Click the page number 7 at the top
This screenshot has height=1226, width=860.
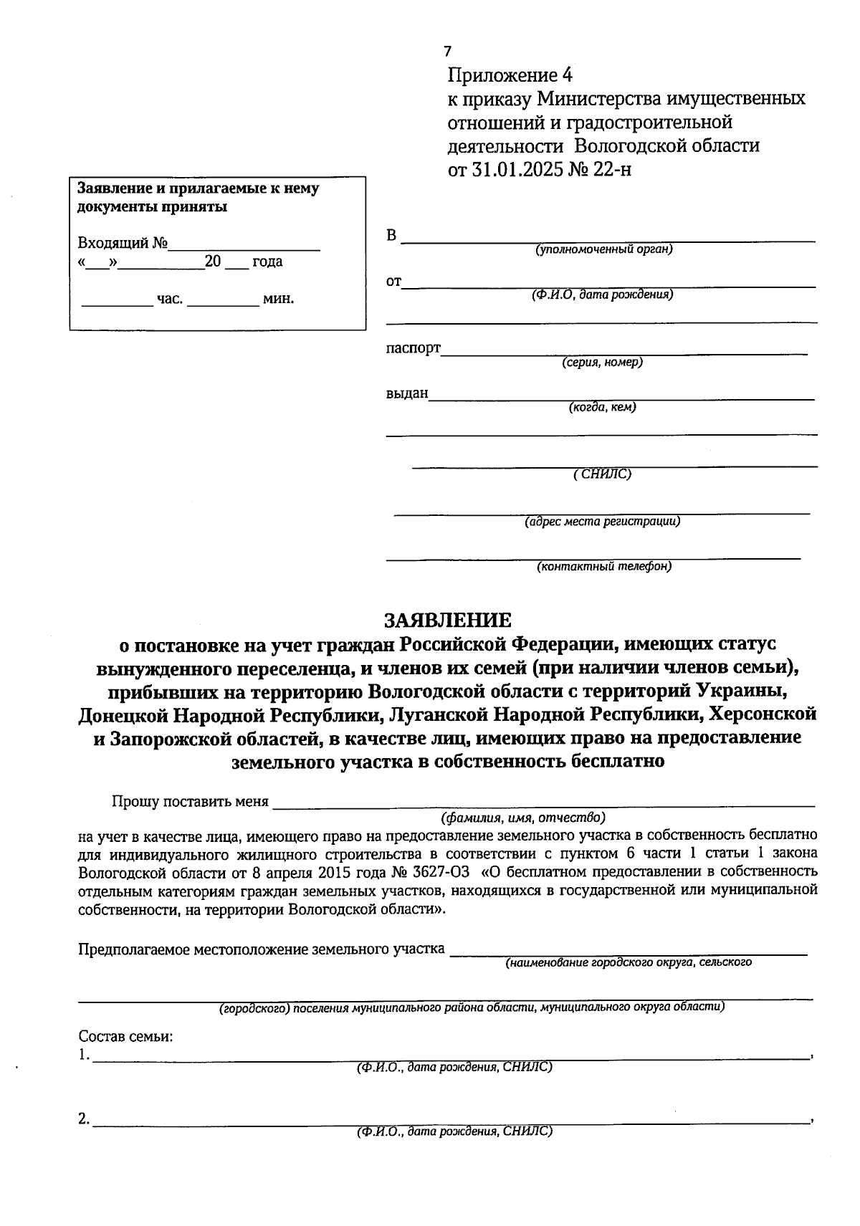point(448,52)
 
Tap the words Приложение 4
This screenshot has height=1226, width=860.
point(511,75)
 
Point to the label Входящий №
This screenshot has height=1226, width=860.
point(122,243)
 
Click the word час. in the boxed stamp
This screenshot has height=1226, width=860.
point(170,299)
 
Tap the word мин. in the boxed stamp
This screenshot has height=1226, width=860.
point(279,299)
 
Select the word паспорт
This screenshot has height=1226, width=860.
point(413,349)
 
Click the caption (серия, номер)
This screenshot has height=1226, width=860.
point(602,363)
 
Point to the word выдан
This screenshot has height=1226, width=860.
point(406,393)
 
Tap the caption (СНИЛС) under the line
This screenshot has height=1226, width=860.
point(602,474)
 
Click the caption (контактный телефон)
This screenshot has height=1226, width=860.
point(604,567)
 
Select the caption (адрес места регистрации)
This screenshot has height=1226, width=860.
point(602,522)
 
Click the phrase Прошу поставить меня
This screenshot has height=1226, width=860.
point(190,802)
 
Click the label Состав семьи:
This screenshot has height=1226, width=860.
point(125,1037)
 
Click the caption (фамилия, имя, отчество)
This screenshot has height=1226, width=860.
point(523,818)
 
